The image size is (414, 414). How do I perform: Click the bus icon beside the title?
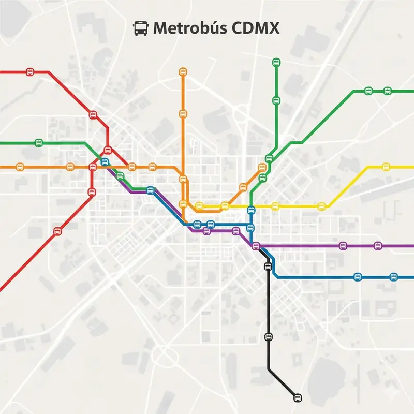point(140,28)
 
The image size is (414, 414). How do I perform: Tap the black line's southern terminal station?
point(297,397)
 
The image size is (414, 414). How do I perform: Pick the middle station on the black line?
point(268,337)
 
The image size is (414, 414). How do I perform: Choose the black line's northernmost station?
point(268,267)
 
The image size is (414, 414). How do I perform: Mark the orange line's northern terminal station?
point(183,72)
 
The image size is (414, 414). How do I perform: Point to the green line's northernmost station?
point(276,63)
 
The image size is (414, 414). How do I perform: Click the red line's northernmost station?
point(30,72)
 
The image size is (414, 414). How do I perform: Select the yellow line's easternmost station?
point(386,167)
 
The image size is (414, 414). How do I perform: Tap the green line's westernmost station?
point(38,142)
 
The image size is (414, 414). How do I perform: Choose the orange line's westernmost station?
point(20,167)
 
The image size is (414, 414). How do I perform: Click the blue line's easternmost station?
point(393,277)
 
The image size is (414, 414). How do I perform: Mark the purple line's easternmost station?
point(378,245)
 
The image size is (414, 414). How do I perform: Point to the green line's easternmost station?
point(387,91)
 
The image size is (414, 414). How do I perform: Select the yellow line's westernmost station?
point(199,206)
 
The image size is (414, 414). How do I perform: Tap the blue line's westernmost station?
point(105,162)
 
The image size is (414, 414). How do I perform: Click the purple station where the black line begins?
point(256,245)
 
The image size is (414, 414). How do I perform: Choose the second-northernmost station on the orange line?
point(183,113)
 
